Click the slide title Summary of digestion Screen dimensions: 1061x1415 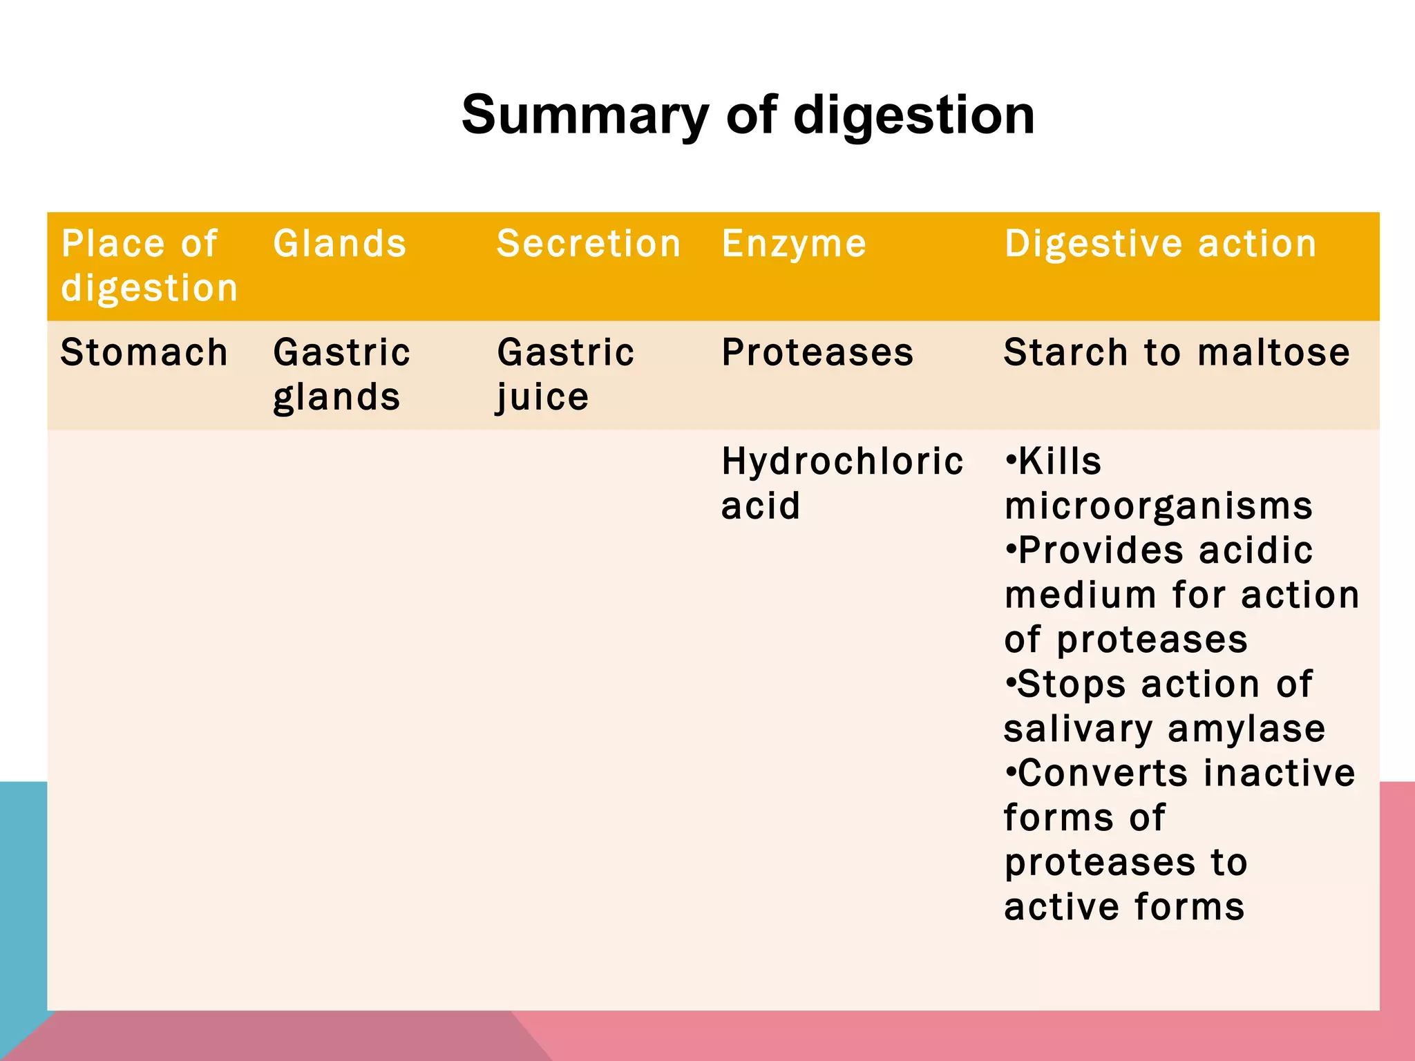click(748, 115)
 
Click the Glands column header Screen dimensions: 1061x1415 click(340, 244)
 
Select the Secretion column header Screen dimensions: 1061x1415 click(589, 244)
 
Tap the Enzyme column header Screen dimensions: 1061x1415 click(794, 244)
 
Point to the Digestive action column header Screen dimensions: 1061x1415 click(1160, 244)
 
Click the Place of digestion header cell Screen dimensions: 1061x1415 click(149, 265)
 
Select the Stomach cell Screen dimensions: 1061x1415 click(144, 352)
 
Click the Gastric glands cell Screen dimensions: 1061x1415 click(341, 374)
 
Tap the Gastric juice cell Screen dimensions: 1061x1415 click(565, 374)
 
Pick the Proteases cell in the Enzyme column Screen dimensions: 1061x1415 click(817, 352)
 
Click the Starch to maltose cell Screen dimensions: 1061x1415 click(1176, 352)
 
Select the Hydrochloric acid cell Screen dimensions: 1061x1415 click(842, 483)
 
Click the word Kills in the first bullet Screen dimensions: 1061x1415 click(1059, 461)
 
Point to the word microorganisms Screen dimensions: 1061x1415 click(1158, 506)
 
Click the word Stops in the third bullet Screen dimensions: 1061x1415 click(1072, 684)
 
